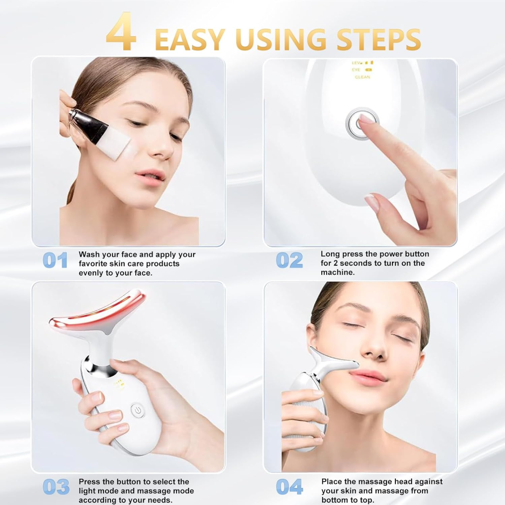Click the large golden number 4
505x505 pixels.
121,31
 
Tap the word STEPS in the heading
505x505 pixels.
379,39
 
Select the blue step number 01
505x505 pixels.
55,260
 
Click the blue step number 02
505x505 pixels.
289,260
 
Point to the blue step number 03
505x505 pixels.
56,487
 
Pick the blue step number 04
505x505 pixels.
289,487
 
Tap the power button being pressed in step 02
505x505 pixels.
362,123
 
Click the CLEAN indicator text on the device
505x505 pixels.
362,77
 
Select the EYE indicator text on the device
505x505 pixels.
356,70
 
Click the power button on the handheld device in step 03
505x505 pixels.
137,410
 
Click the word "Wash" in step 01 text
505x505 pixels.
89,255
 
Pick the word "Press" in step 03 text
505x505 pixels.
89,482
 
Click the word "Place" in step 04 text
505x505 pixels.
332,482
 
